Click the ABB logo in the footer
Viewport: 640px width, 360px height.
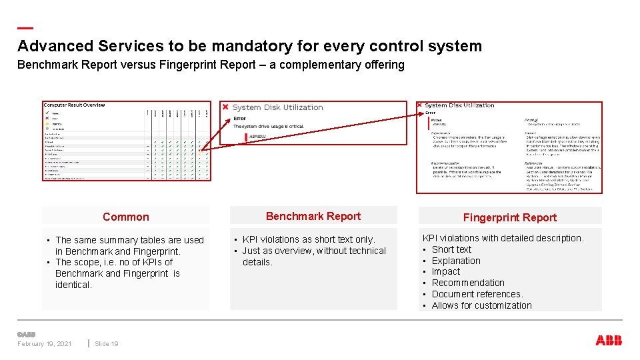(609, 341)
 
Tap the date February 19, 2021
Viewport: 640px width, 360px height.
(45, 344)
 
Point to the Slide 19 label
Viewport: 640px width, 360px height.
(107, 344)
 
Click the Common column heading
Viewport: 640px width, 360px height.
(126, 217)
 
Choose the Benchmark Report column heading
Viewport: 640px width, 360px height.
(313, 216)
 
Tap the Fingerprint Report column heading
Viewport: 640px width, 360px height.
(510, 217)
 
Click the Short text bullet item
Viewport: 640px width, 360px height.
(451, 249)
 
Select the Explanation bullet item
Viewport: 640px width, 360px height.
(456, 261)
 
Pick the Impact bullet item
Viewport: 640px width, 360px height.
(446, 271)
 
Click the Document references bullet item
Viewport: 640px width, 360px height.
(477, 294)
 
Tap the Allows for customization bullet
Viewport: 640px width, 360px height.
(481, 305)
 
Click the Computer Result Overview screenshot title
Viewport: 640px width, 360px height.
(74, 105)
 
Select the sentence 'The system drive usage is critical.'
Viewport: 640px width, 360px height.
(269, 127)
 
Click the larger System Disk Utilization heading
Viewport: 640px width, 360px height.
(277, 107)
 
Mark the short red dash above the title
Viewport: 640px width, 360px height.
(25, 28)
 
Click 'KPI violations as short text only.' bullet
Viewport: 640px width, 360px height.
(309, 239)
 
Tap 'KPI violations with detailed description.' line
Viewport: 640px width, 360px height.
(503, 238)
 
